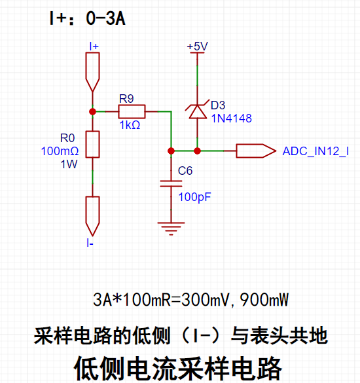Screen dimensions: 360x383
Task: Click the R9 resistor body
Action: pyautogui.click(x=132, y=112)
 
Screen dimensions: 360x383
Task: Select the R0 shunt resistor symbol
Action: pyautogui.click(x=92, y=144)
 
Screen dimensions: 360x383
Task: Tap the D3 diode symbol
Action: pyautogui.click(x=197, y=112)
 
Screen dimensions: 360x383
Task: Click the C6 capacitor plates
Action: pyautogui.click(x=171, y=184)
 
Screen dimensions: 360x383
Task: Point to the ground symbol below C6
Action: pyautogui.click(x=171, y=228)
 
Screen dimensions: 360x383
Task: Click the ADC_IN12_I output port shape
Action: pyautogui.click(x=256, y=151)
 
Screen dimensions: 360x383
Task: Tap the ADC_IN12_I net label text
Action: pyautogui.click(x=315, y=151)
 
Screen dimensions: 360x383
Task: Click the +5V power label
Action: pyautogui.click(x=197, y=46)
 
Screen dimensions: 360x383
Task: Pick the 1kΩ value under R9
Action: pyautogui.click(x=130, y=125)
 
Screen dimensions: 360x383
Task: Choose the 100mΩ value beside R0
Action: pyautogui.click(x=60, y=151)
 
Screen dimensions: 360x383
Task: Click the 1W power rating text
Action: pyautogui.click(x=69, y=164)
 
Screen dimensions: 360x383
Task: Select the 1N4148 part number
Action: pyautogui.click(x=231, y=119)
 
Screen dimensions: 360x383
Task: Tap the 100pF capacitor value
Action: pyautogui.click(x=194, y=197)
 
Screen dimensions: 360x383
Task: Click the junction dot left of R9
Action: pyautogui.click(x=92, y=112)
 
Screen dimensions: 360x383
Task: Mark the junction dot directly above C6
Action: pyautogui.click(x=171, y=151)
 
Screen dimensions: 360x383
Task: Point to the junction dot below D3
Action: pyautogui.click(x=197, y=151)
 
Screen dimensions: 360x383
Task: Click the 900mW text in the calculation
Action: pyautogui.click(x=264, y=300)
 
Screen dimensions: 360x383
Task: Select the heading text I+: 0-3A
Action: pyautogui.click(x=87, y=18)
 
